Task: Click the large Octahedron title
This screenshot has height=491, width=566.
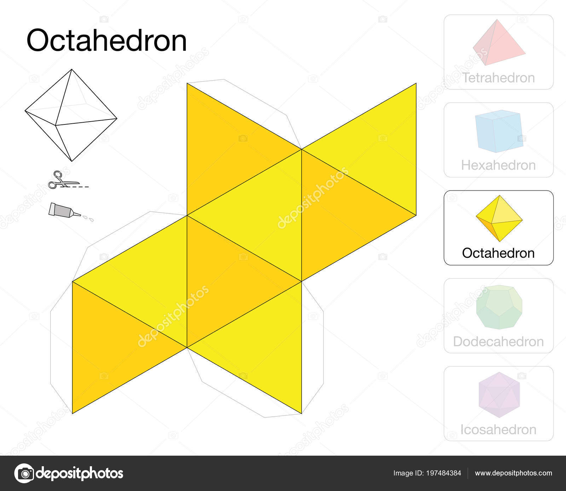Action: tap(106, 41)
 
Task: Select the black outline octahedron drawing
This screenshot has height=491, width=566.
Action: tap(71, 115)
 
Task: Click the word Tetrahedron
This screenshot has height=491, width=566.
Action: tap(498, 78)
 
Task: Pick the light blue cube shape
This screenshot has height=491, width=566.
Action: tap(498, 131)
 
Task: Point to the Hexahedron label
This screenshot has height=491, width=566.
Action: tap(498, 165)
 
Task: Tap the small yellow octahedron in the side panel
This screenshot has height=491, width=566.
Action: tap(499, 218)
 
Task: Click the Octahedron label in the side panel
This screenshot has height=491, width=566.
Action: tap(498, 253)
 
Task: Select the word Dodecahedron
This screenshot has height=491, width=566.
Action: tap(498, 341)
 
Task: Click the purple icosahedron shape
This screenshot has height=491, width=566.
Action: tap(498, 394)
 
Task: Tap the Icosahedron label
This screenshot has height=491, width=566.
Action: tap(498, 429)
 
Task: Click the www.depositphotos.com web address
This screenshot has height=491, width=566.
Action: tap(513, 473)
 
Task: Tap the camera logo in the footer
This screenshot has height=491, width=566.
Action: tap(24, 473)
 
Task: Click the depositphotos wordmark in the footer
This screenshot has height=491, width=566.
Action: tap(80, 473)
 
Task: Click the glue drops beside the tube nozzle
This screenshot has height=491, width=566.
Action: tap(88, 217)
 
